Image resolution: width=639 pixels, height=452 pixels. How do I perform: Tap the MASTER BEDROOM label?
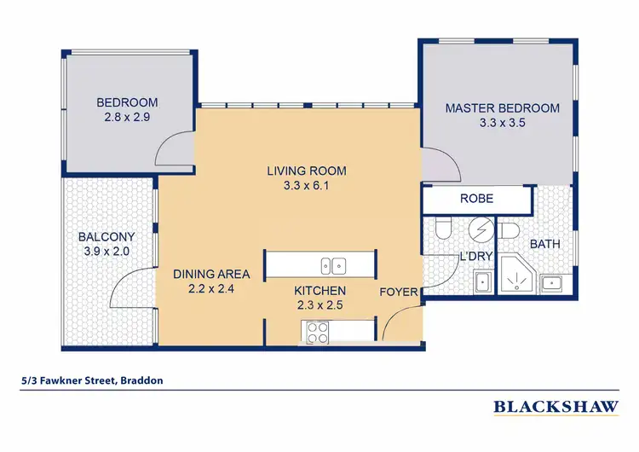pyautogui.click(x=502, y=108)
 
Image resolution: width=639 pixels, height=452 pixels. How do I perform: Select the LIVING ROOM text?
pyautogui.click(x=306, y=171)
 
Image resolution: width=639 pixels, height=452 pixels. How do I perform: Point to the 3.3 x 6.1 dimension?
pyautogui.click(x=306, y=185)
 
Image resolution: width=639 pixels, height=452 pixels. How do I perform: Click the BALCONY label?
pyautogui.click(x=103, y=237)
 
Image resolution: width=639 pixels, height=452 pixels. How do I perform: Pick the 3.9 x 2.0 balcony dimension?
pyautogui.click(x=103, y=252)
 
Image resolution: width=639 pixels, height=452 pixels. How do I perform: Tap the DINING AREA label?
pyautogui.click(x=211, y=274)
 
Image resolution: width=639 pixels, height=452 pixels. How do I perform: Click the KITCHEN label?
pyautogui.click(x=319, y=291)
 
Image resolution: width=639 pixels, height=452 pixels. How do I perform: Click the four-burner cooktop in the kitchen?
pyautogui.click(x=318, y=331)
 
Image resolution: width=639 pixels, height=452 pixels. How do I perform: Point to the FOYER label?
pyautogui.click(x=399, y=293)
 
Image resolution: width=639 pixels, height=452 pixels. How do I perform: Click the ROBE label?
pyautogui.click(x=477, y=198)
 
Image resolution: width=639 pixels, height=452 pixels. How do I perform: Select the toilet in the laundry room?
pyautogui.click(x=442, y=229)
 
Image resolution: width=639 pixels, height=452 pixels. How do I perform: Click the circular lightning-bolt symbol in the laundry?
pyautogui.click(x=480, y=229)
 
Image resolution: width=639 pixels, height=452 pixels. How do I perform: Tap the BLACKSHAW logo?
pyautogui.click(x=556, y=407)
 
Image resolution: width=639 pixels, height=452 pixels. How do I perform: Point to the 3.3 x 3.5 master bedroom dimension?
pyautogui.click(x=502, y=123)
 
